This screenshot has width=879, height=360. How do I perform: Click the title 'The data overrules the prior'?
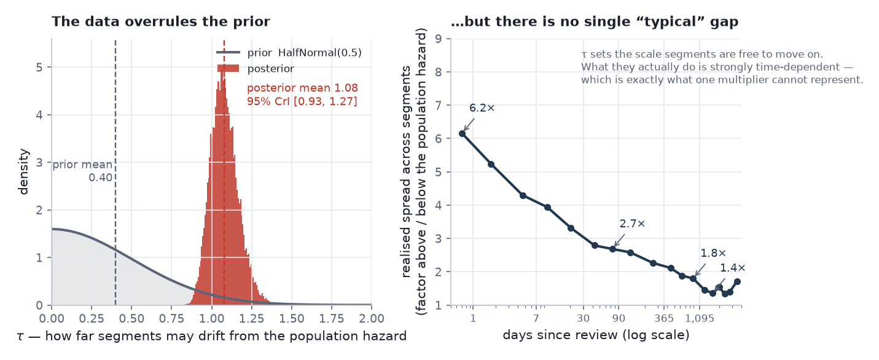point(161,22)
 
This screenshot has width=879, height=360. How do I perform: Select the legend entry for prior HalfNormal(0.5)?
point(289,53)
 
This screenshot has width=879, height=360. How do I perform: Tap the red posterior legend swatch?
point(228,68)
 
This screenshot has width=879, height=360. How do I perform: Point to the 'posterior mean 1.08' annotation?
point(303,88)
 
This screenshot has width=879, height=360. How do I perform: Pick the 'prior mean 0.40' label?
point(82,171)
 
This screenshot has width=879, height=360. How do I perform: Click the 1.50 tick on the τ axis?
point(292,318)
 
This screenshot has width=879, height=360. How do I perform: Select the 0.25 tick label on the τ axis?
point(92,318)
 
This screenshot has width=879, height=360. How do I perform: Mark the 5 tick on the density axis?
point(39,68)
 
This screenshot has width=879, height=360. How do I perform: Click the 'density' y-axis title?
point(23,171)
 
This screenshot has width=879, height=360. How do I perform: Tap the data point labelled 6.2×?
point(463,134)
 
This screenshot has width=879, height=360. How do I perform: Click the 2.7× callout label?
point(632,224)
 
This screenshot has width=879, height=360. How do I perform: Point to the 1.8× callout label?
point(713,253)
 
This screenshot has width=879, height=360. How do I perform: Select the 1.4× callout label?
point(732,268)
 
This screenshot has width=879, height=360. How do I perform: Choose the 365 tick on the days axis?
point(664,318)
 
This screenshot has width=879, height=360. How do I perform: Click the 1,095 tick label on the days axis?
point(700,318)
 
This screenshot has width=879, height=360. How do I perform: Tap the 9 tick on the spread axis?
point(439,39)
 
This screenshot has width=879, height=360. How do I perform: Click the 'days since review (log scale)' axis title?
point(596,335)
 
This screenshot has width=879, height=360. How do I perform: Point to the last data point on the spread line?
point(737,282)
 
